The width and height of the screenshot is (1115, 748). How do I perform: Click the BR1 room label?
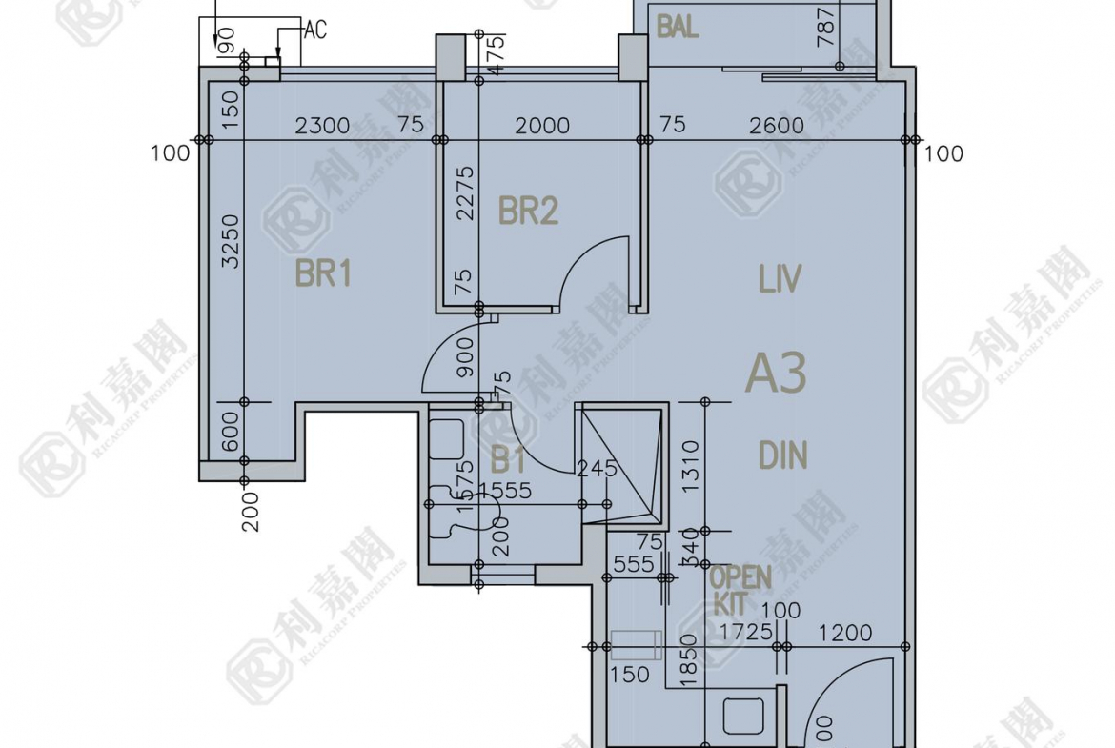click(323, 274)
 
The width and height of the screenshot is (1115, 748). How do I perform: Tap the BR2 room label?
click(528, 211)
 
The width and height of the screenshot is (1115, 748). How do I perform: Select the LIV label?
click(780, 280)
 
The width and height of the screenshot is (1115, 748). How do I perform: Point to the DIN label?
click(783, 455)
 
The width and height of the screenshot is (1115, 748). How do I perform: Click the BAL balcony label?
click(678, 27)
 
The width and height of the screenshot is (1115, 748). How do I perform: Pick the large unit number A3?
click(776, 373)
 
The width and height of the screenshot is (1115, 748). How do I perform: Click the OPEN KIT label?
click(739, 589)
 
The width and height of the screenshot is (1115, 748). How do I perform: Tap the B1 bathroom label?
click(508, 462)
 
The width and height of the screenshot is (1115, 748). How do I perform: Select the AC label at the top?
click(314, 30)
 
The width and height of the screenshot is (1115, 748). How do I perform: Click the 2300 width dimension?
click(322, 126)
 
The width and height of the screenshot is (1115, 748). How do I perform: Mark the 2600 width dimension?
click(776, 126)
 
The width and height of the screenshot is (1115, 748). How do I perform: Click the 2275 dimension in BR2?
click(465, 193)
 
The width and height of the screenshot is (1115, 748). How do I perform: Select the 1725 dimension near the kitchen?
click(745, 632)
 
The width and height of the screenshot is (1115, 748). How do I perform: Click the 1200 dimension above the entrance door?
click(845, 632)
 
